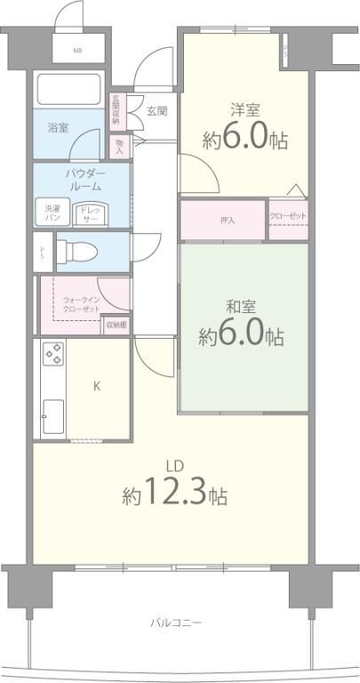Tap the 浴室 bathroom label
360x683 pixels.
click(x=59, y=128)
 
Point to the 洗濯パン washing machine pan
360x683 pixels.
click(x=53, y=212)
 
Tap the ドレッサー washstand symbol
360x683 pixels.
click(x=90, y=213)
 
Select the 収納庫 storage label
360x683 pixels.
click(x=116, y=325)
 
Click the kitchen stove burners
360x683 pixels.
click(x=53, y=355)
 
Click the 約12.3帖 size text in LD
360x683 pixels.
click(x=174, y=494)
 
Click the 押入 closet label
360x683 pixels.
click(x=228, y=220)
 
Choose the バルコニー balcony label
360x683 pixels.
click(x=176, y=623)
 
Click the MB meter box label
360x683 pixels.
click(x=78, y=51)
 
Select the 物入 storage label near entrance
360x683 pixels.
click(x=119, y=145)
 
